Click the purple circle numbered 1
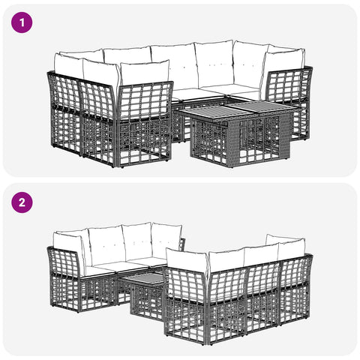tap(22, 22)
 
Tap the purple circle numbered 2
tap(22, 202)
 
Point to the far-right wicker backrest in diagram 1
tap(290, 85)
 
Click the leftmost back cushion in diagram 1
tap(68, 65)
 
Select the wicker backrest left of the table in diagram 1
tap(145, 101)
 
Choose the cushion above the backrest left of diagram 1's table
tap(145, 73)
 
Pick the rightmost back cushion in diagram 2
tap(291, 247)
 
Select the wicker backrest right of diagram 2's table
tap(187, 285)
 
